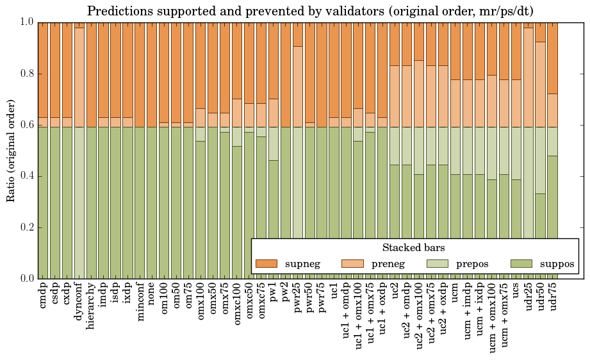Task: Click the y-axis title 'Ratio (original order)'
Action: pyautogui.click(x=11, y=150)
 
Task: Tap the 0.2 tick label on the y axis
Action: pyautogui.click(x=25, y=227)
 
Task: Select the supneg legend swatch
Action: pyautogui.click(x=266, y=263)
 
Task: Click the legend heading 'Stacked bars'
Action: pyautogui.click(x=414, y=248)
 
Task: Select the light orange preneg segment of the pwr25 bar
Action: pyautogui.click(x=297, y=86)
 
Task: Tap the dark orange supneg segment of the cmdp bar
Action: pyautogui.click(x=43, y=70)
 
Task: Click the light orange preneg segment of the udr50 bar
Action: pyautogui.click(x=541, y=84)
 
